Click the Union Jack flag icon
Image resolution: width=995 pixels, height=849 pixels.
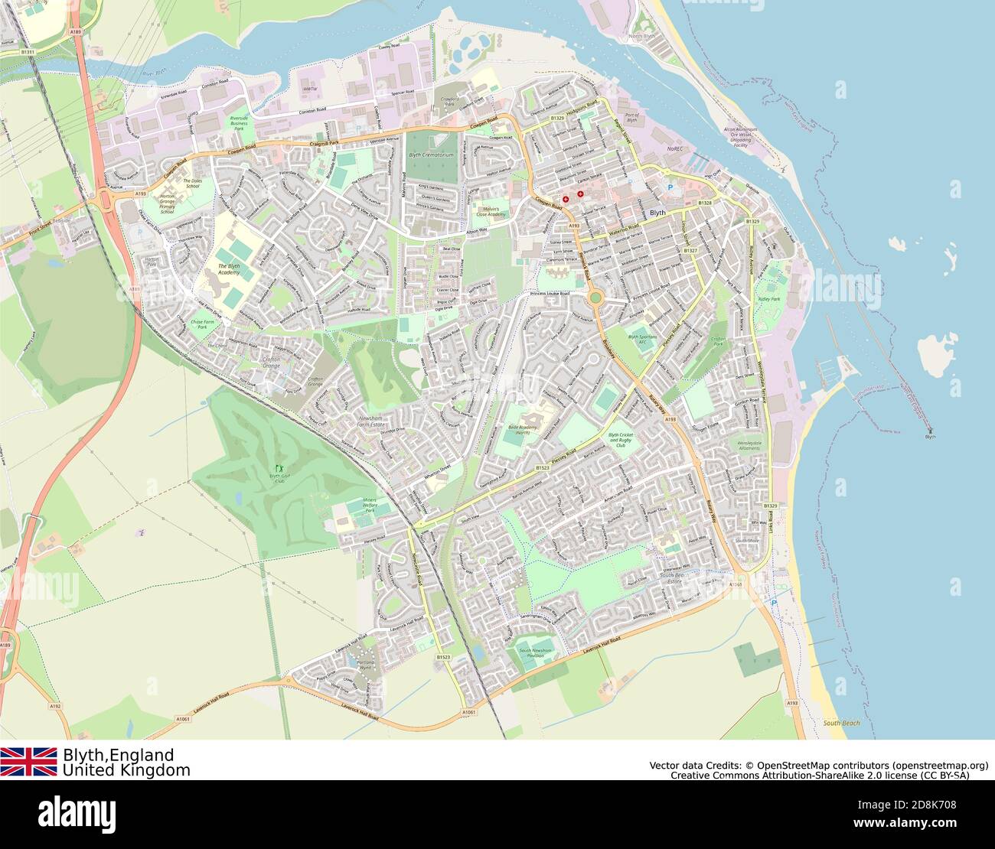pos(28,761)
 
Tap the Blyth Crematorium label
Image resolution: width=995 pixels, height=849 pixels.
pos(432,155)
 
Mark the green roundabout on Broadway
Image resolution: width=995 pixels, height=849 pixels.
pos(595,297)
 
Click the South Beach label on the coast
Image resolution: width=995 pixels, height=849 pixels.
pos(841,723)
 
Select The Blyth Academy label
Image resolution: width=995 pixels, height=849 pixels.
pos(228,268)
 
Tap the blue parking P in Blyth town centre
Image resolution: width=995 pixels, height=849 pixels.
pos(671,187)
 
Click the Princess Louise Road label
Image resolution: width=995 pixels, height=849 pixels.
pos(550,294)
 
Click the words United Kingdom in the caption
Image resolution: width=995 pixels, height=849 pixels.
pos(126,770)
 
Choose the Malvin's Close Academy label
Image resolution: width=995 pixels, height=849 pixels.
pos(492,210)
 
